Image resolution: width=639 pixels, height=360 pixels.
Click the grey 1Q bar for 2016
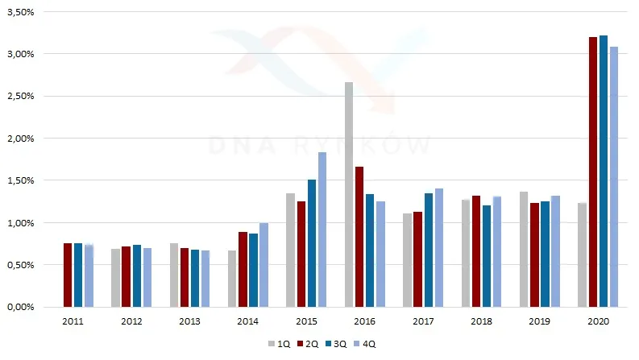coord(349,195)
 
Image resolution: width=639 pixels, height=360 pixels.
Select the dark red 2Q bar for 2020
coord(593,172)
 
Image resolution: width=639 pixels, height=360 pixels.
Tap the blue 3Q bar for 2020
coord(604,171)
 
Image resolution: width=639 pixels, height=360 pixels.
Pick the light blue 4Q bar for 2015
coord(322,230)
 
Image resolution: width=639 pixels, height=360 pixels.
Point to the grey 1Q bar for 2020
coord(583,255)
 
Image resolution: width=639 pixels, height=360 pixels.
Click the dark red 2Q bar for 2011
coord(68,275)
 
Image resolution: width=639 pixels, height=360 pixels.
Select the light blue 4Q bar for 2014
coord(264,265)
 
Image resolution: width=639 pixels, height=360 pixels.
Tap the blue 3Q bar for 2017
coord(429,250)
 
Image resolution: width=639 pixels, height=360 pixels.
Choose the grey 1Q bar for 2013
coord(174,275)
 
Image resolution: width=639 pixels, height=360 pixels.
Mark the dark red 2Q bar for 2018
coord(476,251)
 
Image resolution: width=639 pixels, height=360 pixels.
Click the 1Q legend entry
coord(280,344)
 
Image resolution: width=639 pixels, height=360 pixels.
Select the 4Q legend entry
coord(365,344)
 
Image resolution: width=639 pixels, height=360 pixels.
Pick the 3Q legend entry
coord(336,344)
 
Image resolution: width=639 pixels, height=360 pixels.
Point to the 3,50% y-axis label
coord(21,12)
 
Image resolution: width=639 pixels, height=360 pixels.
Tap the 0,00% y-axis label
coord(21,307)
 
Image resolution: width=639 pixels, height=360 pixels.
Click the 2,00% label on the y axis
coord(21,139)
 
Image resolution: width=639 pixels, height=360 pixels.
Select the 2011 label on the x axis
coord(73,321)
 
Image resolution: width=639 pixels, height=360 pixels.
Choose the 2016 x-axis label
coord(365,321)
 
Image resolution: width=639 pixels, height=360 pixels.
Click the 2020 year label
coord(598,321)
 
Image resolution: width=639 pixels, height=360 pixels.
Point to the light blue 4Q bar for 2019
coord(555,251)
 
